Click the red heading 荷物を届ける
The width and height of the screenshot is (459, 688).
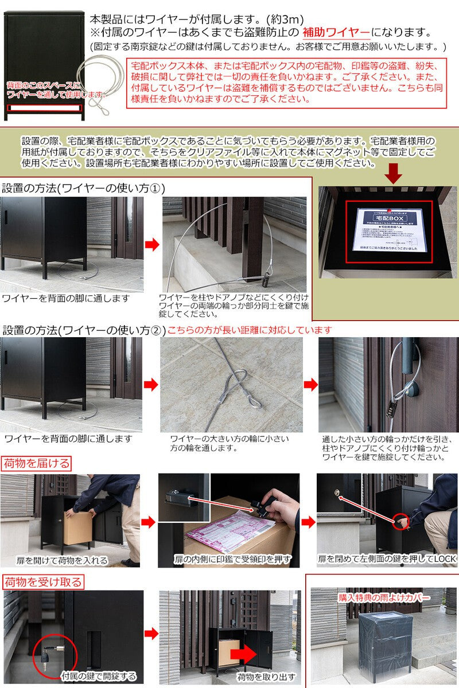tap(37, 463)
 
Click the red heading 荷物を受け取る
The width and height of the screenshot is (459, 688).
tap(43, 583)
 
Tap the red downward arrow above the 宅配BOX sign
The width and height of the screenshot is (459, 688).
tap(394, 172)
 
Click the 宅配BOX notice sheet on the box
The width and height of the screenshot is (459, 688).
tap(392, 229)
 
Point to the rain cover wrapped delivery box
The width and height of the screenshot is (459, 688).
tap(383, 642)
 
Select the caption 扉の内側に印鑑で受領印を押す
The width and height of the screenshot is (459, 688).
tap(232, 558)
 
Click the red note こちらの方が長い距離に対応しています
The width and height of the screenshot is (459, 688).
tap(250, 330)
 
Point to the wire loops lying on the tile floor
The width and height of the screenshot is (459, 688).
tap(235, 390)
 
